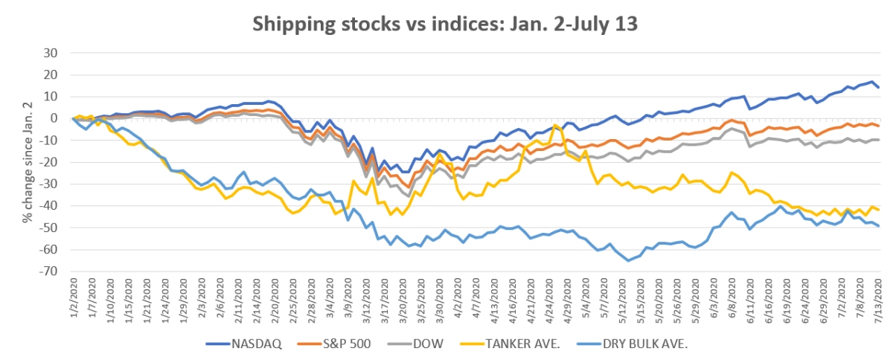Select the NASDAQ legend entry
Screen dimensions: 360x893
[x=233, y=344]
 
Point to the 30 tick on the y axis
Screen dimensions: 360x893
[x=51, y=53]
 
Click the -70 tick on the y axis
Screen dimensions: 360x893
[x=48, y=271]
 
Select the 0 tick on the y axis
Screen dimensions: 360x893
[x=54, y=118]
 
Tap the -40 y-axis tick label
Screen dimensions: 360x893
[x=48, y=206]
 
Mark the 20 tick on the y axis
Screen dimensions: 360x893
[x=51, y=74]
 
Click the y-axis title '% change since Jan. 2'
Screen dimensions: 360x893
[x=27, y=162]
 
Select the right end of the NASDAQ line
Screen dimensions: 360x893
[x=879, y=87]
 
